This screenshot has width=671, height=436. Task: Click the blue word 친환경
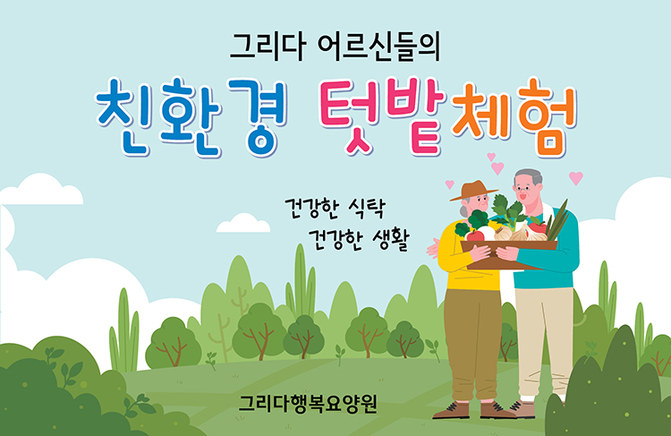[x=191, y=116]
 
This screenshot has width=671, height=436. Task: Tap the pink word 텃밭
[x=383, y=115]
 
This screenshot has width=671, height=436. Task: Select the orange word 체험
[x=514, y=116]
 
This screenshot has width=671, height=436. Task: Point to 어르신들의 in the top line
[x=378, y=47]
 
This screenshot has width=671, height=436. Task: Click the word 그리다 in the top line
[x=268, y=47]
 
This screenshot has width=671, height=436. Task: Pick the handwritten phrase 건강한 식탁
[x=335, y=209]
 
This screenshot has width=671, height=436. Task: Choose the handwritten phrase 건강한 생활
[x=359, y=240]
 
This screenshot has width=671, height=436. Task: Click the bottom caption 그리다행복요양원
[x=308, y=404]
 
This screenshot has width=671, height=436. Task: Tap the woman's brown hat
[x=473, y=191]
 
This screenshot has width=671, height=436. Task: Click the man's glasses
[x=523, y=188]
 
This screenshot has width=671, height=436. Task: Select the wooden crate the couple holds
[x=508, y=253]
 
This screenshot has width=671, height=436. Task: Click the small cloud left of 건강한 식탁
[x=243, y=223]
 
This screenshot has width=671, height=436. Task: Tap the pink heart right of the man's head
[x=576, y=178]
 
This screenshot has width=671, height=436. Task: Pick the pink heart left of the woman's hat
[x=449, y=184]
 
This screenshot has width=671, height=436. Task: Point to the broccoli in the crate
[x=478, y=219]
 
